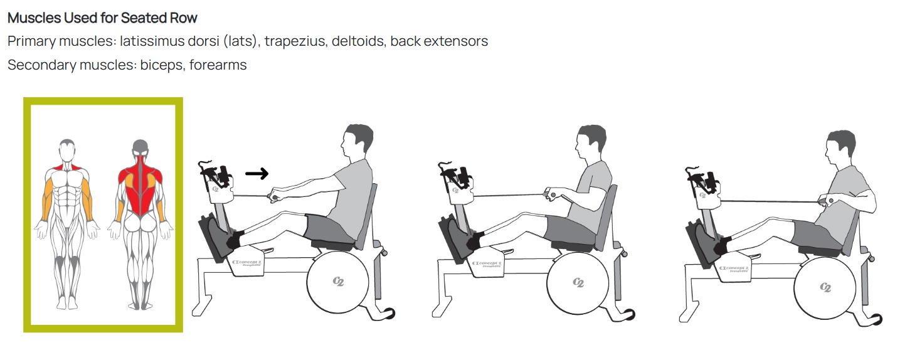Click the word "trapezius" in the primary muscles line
[x=295, y=41]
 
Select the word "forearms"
[x=218, y=65]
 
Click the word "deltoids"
[x=358, y=41]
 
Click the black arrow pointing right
[x=257, y=174]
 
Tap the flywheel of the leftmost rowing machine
[x=337, y=282]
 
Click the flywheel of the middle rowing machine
[x=578, y=283]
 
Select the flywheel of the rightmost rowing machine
[x=825, y=288]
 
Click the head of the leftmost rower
[x=357, y=142]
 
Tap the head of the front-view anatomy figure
[x=67, y=151]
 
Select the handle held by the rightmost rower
[x=827, y=201]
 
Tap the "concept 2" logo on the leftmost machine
[x=246, y=263]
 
